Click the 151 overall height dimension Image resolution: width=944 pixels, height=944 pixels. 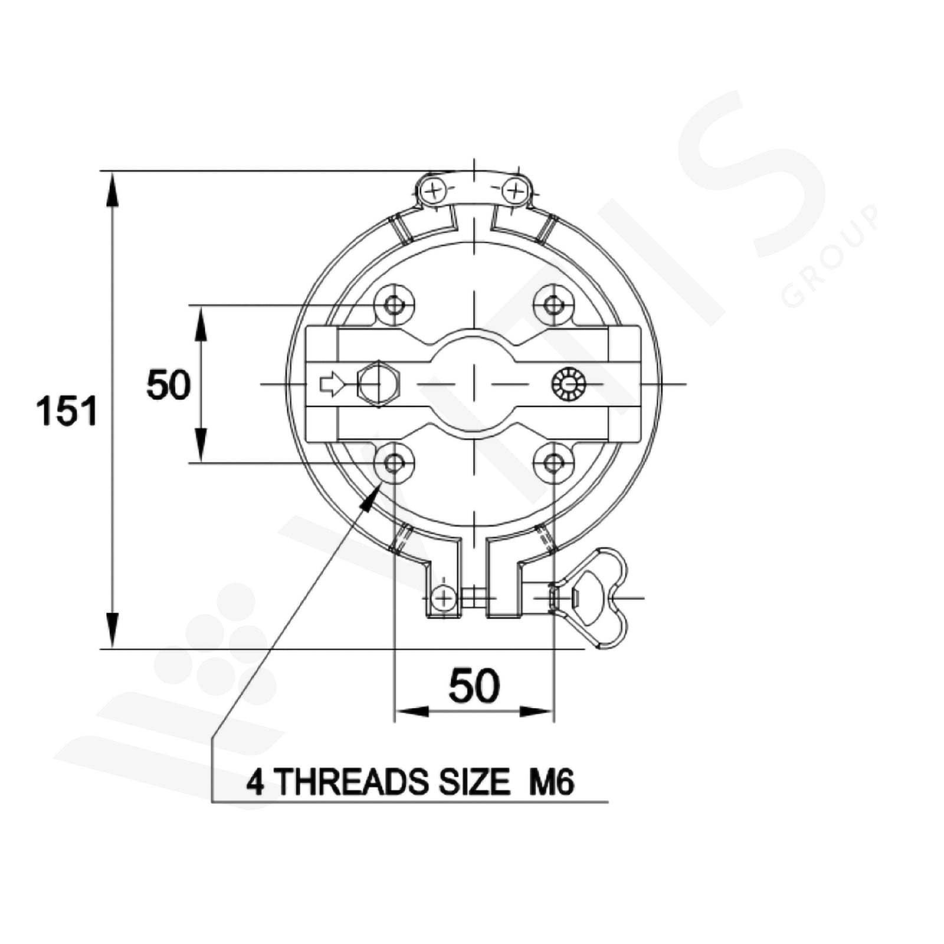(x=67, y=411)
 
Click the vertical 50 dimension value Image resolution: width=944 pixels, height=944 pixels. (x=169, y=385)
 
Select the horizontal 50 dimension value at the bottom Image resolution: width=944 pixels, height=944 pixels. (x=474, y=686)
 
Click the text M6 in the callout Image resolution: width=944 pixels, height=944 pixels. (x=552, y=783)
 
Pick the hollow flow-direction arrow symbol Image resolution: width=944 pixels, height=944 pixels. (x=332, y=384)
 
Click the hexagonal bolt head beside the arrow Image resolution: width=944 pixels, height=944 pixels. (x=379, y=384)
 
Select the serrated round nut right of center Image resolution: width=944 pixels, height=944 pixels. (x=568, y=384)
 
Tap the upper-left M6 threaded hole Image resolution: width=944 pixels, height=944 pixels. (x=394, y=305)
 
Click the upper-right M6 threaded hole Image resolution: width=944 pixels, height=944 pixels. (x=553, y=305)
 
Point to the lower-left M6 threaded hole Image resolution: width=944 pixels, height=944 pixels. (x=394, y=463)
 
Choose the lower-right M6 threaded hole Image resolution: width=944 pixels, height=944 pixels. (x=553, y=463)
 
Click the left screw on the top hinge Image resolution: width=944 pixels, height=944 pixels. (x=434, y=191)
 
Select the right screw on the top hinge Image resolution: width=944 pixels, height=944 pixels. (x=515, y=191)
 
